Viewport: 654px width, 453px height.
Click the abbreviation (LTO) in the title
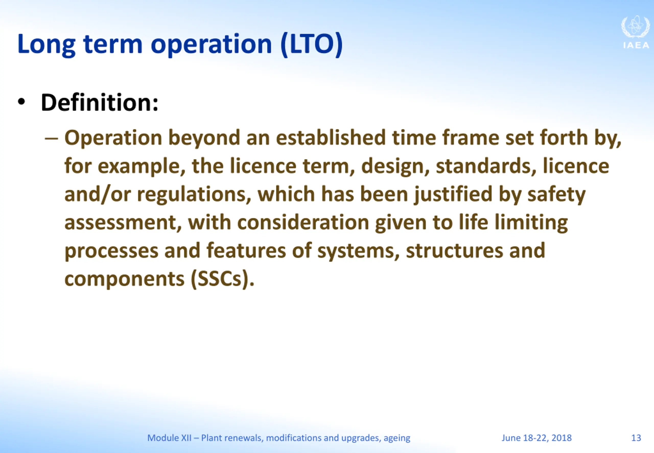[312, 44]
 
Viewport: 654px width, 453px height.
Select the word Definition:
[100, 103]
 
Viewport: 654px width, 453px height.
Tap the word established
[331, 138]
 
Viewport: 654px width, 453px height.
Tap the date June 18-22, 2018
[536, 438]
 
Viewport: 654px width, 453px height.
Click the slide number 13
[636, 438]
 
